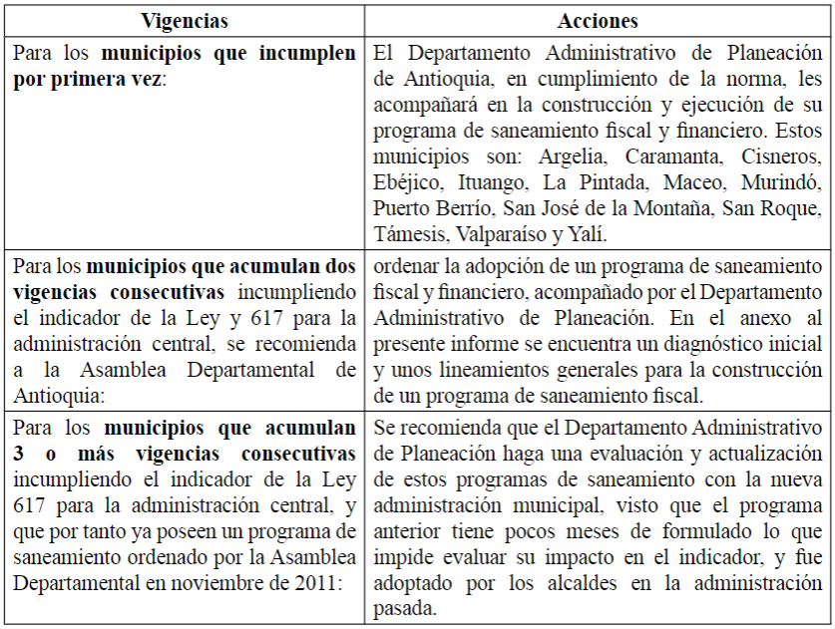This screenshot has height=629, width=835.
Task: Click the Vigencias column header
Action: [185, 21]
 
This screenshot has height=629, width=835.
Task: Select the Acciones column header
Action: [598, 21]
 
